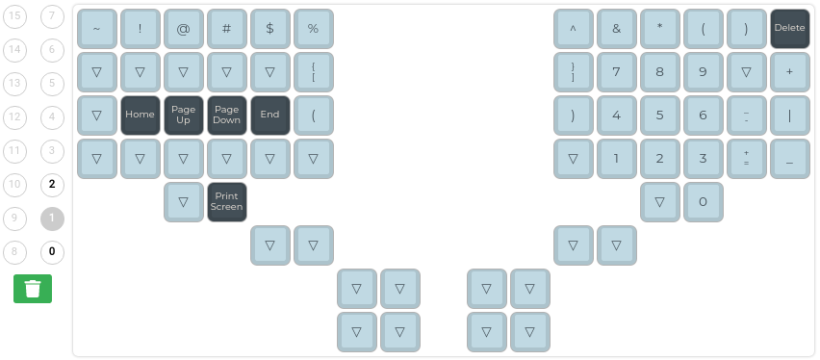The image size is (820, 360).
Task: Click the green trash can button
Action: pos(33,289)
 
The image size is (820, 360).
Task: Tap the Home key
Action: pos(140,115)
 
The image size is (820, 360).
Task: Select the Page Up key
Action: pos(183,115)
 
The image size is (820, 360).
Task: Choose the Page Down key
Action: pos(226,115)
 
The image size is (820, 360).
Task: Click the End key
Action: pos(269,115)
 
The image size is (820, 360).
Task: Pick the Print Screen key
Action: pos(226,201)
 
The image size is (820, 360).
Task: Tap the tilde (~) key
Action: pos(96,29)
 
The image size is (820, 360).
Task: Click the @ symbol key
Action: pos(183,29)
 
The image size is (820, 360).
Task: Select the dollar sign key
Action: pos(269,29)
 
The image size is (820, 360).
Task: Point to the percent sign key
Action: pos(313,29)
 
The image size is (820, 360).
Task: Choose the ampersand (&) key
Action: pos(616,29)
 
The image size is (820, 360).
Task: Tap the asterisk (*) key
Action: pos(659,29)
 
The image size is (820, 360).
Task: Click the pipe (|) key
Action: pos(789,115)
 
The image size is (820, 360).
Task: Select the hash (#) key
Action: pos(226,29)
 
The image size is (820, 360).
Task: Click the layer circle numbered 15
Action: pos(15,16)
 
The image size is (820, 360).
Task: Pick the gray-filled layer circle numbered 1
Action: pos(52,219)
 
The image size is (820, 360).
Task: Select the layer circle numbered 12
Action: pos(15,117)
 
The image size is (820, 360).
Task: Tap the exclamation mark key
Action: pos(140,29)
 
